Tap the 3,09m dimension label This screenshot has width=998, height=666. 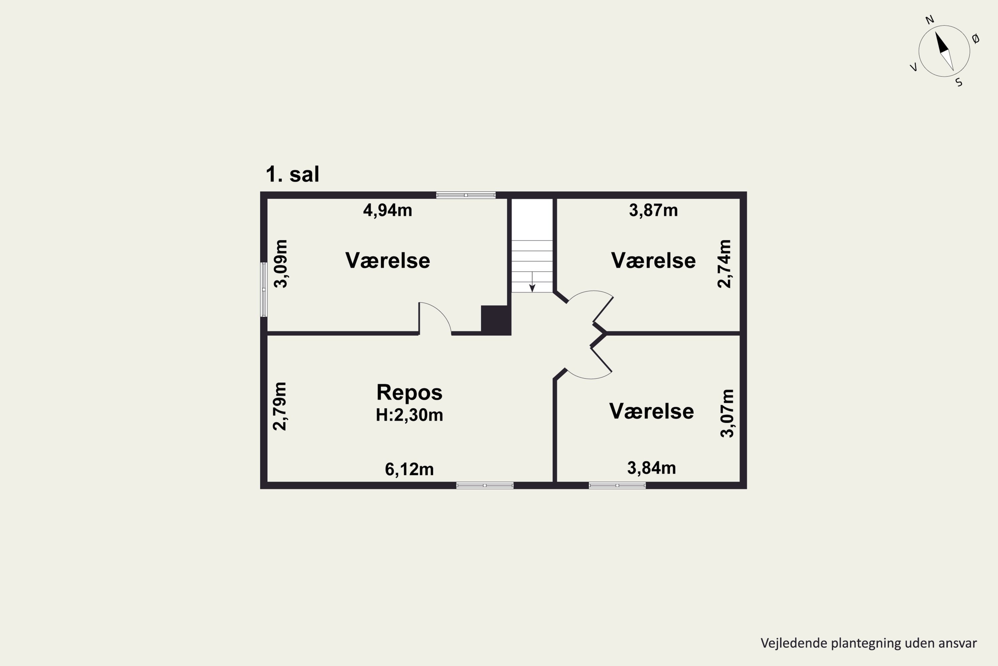click(x=281, y=264)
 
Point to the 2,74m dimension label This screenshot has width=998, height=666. click(x=724, y=264)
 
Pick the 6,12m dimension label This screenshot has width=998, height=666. click(x=409, y=469)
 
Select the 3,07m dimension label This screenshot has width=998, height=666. click(x=727, y=413)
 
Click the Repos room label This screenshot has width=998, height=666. click(x=410, y=393)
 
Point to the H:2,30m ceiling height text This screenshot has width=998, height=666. click(x=410, y=415)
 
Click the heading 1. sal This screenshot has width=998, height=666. click(x=292, y=174)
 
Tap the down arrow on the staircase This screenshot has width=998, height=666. click(x=532, y=282)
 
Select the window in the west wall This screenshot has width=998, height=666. click(x=263, y=289)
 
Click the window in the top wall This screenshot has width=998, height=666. click(x=466, y=195)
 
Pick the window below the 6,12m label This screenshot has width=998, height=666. click(x=485, y=486)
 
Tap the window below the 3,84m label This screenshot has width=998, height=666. click(x=617, y=486)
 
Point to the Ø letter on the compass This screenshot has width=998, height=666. click(x=975, y=39)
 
